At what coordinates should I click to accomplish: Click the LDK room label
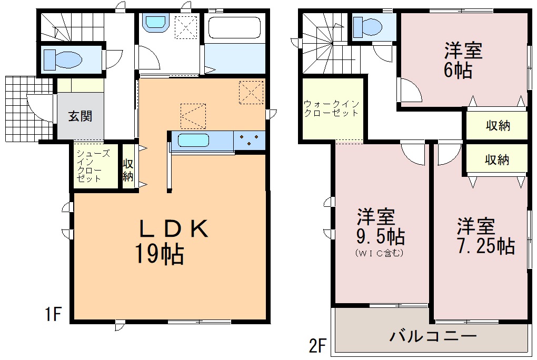(173, 228)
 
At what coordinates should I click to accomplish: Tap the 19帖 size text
(160, 254)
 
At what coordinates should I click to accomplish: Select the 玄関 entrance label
(80, 116)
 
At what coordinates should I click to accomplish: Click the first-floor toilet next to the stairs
(63, 60)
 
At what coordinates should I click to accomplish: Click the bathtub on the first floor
(234, 28)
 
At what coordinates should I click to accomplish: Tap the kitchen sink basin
(193, 141)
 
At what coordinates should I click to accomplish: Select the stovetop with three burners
(250, 140)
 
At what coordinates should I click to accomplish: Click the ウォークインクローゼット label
(331, 108)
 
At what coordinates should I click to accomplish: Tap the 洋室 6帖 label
(463, 61)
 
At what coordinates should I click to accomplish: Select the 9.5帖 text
(381, 236)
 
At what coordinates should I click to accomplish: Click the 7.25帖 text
(486, 246)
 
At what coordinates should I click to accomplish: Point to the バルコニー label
(433, 336)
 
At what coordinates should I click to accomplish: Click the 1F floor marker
(53, 314)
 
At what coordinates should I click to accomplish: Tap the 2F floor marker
(317, 345)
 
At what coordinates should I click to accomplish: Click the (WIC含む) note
(380, 253)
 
